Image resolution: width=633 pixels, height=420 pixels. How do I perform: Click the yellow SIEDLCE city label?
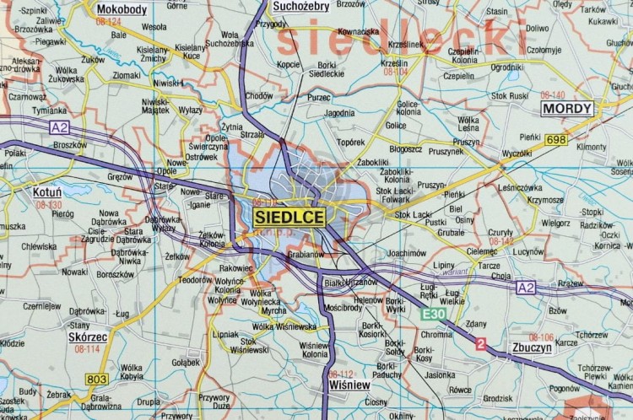289,217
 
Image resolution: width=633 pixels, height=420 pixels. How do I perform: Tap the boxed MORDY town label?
567,108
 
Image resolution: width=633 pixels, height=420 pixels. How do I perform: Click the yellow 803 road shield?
96,380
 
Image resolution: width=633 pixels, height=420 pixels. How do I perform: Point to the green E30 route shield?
434,314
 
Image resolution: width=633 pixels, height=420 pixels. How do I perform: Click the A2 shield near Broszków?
59,127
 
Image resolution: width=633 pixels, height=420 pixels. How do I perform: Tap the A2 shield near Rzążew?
527,288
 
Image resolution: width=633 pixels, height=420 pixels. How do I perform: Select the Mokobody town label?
122,9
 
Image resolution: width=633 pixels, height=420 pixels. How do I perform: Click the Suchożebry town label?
301,7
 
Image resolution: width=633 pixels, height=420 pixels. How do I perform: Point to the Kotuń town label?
46,192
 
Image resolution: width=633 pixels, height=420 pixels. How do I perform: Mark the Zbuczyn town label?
531,347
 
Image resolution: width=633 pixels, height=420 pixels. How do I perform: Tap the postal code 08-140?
553,95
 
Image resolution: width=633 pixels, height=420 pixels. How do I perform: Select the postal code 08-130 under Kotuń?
48,205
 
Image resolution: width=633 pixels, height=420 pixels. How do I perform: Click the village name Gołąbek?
186,363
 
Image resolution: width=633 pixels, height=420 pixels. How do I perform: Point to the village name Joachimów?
407,252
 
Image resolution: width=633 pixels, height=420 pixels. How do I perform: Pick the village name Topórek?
350,143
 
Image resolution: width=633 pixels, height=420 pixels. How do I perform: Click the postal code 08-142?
500,241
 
